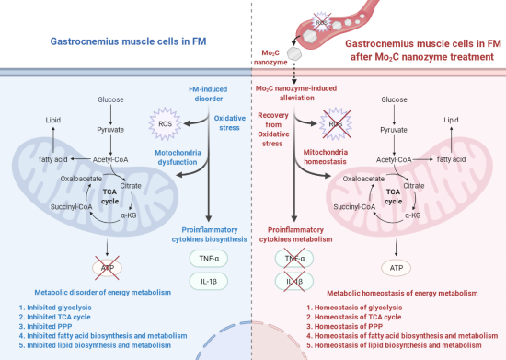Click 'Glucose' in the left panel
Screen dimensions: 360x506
[x=110, y=99]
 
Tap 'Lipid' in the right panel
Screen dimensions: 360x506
[x=451, y=120]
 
